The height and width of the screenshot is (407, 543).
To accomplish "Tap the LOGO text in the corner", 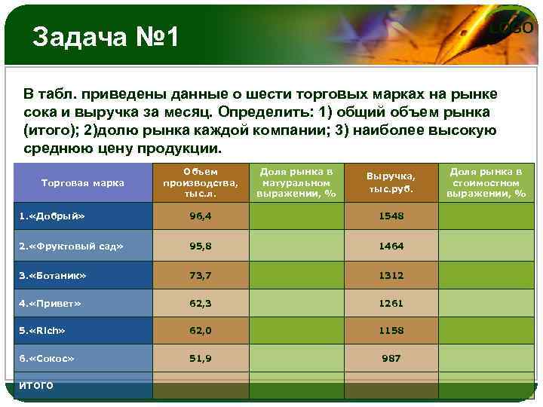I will coord(512,29).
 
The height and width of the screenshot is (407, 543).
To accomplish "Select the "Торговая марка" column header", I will coord(83,182).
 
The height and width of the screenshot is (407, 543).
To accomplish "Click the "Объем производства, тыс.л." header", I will coord(201,183).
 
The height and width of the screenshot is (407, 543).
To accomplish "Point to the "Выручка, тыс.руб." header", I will coord(391,182).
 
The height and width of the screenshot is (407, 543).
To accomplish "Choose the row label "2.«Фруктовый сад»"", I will coord(71,246).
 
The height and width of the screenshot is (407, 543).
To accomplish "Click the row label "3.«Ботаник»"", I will coord(52,275).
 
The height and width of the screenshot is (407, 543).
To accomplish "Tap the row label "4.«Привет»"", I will coord(48,303).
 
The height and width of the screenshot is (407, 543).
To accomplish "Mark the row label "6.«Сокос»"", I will coord(46,358).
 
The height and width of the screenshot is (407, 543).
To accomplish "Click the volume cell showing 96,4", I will coord(201,216).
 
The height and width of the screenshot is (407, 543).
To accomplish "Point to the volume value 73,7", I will coord(201,275).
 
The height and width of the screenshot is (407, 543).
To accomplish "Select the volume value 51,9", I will coord(201,358).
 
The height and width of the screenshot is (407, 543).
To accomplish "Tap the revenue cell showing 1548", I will coord(391,216).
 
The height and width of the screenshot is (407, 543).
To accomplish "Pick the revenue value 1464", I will coord(391,246).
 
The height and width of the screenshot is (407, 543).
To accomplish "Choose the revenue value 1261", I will coord(391,303).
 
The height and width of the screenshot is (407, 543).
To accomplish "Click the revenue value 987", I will coord(391,358).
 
